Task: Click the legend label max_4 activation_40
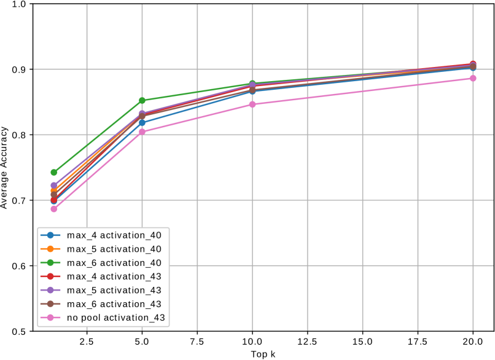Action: point(114,235)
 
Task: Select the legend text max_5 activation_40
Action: point(114,249)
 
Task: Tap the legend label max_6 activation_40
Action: point(114,263)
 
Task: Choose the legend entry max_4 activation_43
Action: point(114,276)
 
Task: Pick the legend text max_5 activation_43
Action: point(114,290)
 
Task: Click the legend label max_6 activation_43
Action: point(114,304)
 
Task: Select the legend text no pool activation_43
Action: point(116,318)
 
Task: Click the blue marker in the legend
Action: point(50,235)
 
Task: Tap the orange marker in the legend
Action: point(50,249)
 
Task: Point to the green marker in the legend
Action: point(50,263)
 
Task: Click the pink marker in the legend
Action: point(50,318)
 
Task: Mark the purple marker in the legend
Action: point(50,290)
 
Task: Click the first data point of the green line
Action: point(54,173)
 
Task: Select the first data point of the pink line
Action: point(54,209)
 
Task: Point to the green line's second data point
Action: point(142,100)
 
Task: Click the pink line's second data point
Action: point(142,132)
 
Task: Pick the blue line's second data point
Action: point(142,123)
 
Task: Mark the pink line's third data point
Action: point(252,104)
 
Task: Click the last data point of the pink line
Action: point(473,78)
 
